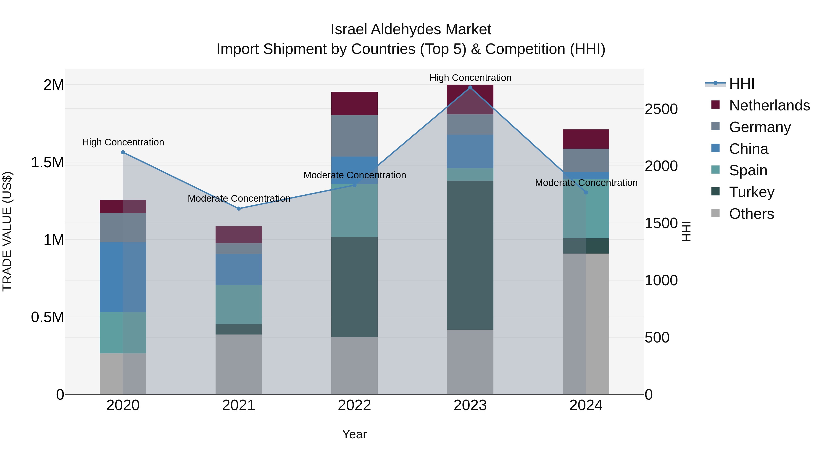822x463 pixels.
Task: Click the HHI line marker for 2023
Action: point(470,87)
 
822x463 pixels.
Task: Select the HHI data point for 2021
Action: point(239,209)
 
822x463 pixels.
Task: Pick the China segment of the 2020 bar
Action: point(123,277)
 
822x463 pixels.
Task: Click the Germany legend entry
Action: point(760,127)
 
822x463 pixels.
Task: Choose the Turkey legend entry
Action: point(751,192)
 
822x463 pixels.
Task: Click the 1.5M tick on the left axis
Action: point(47,162)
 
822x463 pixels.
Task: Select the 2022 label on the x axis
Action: point(354,405)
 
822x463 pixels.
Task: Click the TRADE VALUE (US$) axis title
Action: point(7,231)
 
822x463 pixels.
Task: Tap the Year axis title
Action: point(354,434)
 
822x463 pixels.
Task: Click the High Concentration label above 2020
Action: point(123,142)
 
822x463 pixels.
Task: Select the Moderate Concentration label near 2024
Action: point(586,183)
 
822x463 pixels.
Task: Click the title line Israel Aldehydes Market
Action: point(411,29)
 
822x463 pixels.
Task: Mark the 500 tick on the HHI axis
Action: point(657,338)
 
